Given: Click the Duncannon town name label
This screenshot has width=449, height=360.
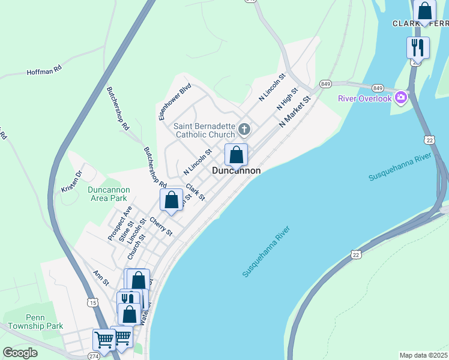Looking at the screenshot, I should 237,171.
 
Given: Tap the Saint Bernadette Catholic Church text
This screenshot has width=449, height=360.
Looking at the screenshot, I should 205,130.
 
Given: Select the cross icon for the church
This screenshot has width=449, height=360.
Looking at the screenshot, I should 244,128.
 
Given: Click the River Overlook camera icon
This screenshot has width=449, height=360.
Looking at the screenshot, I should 401,97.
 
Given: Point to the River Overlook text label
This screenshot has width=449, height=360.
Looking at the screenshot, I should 364,98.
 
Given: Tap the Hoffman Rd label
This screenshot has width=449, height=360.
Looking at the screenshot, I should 44,71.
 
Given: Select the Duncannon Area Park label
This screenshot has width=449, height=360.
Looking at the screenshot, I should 107,194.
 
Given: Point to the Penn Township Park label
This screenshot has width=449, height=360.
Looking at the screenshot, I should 36,322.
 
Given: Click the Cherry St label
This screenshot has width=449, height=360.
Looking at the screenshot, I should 161,226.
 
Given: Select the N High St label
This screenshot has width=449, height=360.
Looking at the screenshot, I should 287,98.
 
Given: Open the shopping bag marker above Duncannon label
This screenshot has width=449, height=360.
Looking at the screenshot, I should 237,155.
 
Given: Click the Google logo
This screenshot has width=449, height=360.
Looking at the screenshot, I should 20,353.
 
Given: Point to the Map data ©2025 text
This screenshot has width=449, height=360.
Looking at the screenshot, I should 423,355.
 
